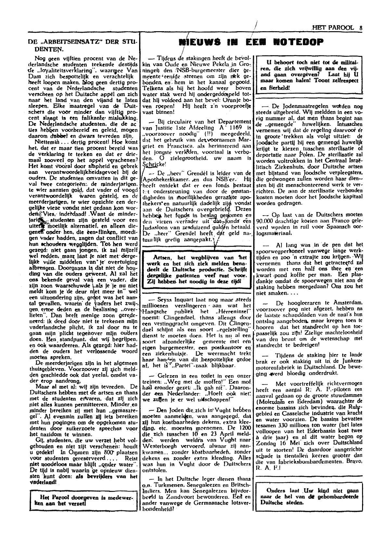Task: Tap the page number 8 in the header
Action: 361,28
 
